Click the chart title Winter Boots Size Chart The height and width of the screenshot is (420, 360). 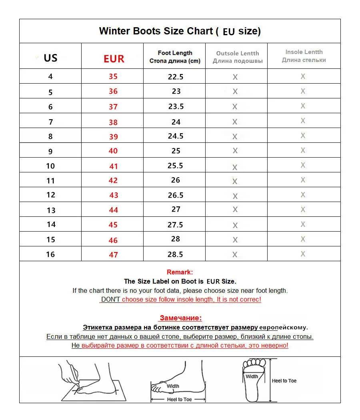(180, 31)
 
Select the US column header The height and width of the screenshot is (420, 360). (50, 58)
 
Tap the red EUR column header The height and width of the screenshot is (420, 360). (114, 59)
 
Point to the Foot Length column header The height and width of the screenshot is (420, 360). (175, 57)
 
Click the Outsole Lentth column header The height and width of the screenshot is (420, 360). (238, 57)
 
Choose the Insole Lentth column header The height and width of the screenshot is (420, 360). (304, 56)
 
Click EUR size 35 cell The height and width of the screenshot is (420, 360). (113, 76)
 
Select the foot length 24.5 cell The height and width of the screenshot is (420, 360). (176, 136)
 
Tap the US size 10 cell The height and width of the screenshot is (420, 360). (50, 166)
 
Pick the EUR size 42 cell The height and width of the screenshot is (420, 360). (113, 180)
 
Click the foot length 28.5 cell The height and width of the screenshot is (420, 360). (176, 254)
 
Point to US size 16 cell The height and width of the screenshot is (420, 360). (50, 254)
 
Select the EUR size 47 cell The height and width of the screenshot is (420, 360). (113, 255)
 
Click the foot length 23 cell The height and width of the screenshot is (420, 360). (176, 91)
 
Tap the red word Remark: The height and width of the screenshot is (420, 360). (180, 272)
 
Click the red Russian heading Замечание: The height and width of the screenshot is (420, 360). (181, 318)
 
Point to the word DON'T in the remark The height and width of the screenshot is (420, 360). (110, 299)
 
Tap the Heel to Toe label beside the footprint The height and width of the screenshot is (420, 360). (284, 381)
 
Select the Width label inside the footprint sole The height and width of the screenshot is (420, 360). (252, 376)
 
